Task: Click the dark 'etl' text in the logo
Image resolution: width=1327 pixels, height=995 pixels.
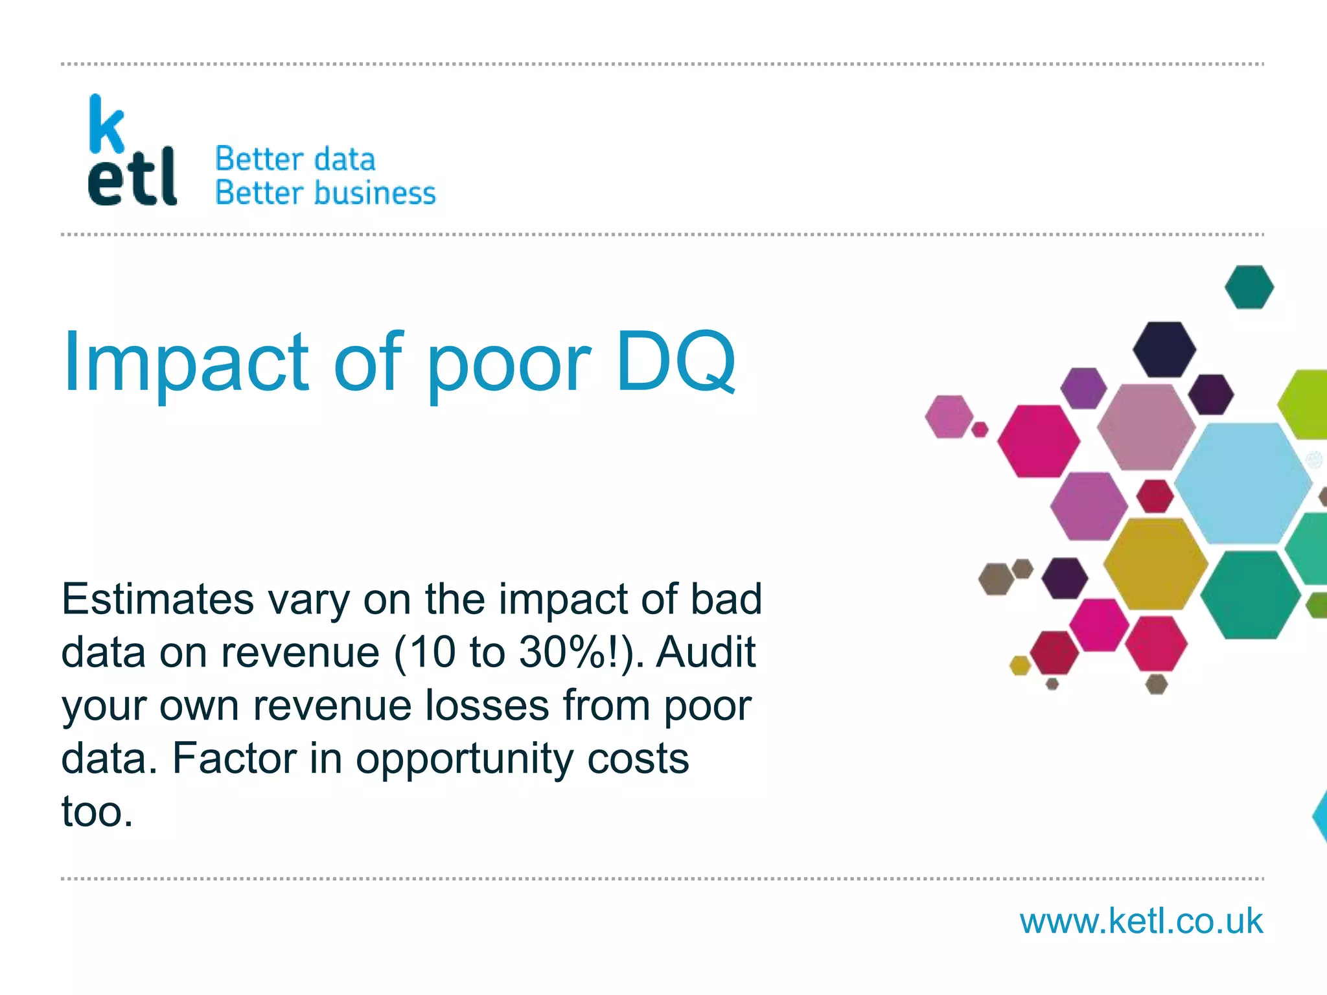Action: tap(132, 177)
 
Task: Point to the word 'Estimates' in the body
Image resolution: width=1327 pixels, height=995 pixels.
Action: tap(157, 599)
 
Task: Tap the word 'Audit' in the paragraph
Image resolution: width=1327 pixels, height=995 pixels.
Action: tap(706, 652)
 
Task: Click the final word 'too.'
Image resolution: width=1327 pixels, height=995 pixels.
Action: tap(97, 811)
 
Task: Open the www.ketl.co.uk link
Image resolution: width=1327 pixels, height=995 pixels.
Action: tap(1141, 921)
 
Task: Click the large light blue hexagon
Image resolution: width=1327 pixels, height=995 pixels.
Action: tap(1242, 483)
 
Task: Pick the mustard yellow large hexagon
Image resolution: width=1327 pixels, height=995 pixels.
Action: tap(1155, 564)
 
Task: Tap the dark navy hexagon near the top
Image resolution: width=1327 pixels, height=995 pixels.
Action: tap(1164, 349)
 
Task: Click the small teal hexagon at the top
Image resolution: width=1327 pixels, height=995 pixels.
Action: tap(1249, 287)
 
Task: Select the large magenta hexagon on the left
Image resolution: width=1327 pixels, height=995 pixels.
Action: tap(1038, 441)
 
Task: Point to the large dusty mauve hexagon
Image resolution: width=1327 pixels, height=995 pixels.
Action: tap(1146, 426)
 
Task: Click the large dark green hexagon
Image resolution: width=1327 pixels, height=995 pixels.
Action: tap(1250, 595)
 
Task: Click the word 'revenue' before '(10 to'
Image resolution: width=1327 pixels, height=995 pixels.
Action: tap(299, 652)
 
